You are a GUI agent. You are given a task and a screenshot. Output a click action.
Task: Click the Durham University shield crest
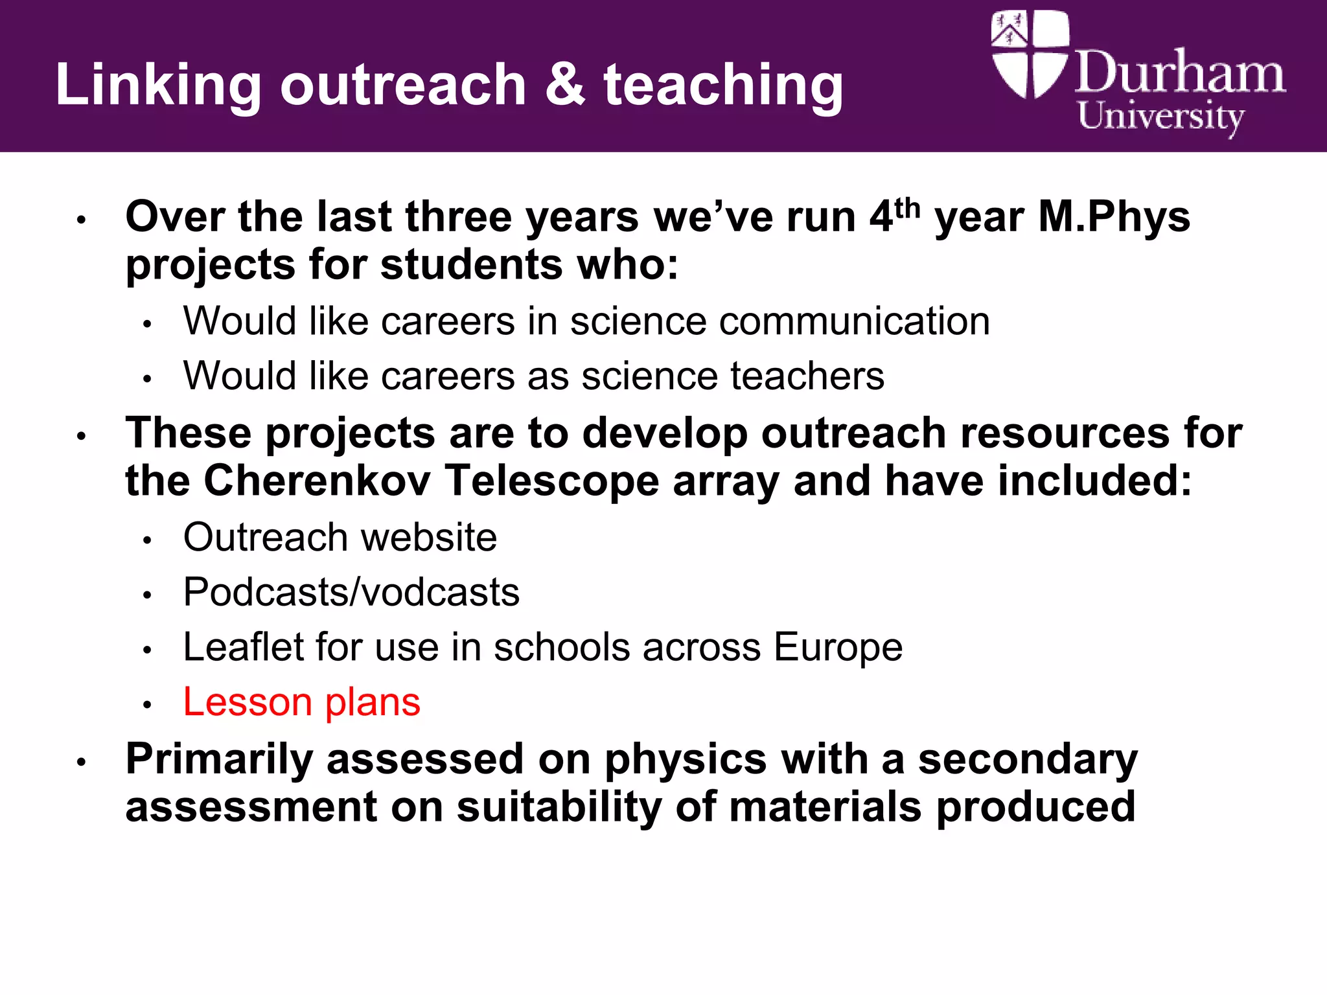tap(1029, 54)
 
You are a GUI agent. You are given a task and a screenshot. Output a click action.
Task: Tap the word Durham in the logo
tap(1180, 73)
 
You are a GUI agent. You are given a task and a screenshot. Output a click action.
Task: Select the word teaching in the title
tap(723, 86)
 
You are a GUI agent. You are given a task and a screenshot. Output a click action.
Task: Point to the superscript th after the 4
tap(907, 209)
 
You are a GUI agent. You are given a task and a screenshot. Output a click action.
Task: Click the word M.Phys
tap(1114, 217)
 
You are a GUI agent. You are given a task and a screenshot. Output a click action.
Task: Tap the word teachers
tap(807, 376)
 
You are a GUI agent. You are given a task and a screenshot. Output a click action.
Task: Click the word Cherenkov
tap(317, 481)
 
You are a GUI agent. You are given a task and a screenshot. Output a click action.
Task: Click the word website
tap(428, 537)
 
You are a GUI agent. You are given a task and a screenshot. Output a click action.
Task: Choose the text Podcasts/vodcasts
tap(351, 592)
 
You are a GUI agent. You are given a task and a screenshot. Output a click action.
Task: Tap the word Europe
tap(837, 648)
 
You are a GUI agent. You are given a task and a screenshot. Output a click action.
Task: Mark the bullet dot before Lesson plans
tap(147, 705)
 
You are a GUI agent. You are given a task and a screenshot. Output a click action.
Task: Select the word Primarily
tap(219, 760)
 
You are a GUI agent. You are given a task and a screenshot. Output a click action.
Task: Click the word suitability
tap(559, 807)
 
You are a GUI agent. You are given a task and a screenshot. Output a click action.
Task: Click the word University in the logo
tap(1160, 117)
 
